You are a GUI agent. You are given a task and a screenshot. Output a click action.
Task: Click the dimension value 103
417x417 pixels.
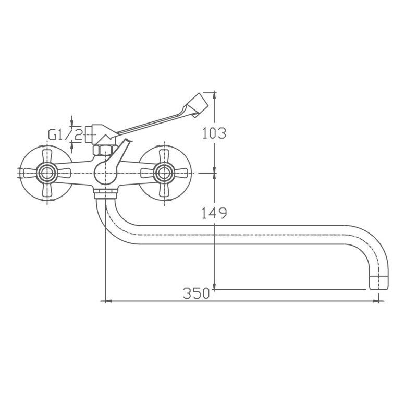pyautogui.click(x=214, y=133)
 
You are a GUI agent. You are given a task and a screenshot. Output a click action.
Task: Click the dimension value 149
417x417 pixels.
pyautogui.click(x=214, y=213)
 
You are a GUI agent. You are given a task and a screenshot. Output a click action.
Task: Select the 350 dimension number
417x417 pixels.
pyautogui.click(x=197, y=293)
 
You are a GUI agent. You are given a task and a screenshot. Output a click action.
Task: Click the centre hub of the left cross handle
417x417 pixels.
pyautogui.click(x=47, y=173)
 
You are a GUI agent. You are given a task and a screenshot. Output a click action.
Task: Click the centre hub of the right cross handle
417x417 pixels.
pyautogui.click(x=164, y=173)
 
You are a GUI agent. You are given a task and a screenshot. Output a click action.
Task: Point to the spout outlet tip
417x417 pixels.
pyautogui.click(x=379, y=283)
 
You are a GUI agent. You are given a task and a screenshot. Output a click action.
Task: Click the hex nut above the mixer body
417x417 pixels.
pyautogui.click(x=105, y=151)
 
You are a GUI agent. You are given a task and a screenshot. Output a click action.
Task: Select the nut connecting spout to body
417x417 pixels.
pyautogui.click(x=106, y=193)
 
